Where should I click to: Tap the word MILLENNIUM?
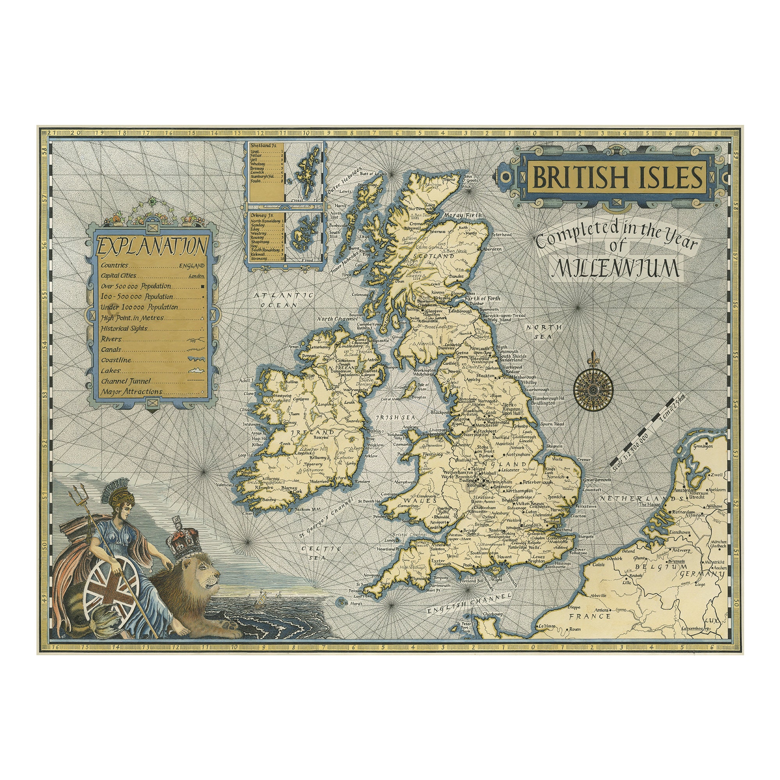pyautogui.click(x=617, y=268)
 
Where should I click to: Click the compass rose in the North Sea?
pyautogui.click(x=594, y=389)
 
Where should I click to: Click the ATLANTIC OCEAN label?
pyautogui.click(x=284, y=300)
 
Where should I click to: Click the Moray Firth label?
pyautogui.click(x=463, y=216)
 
